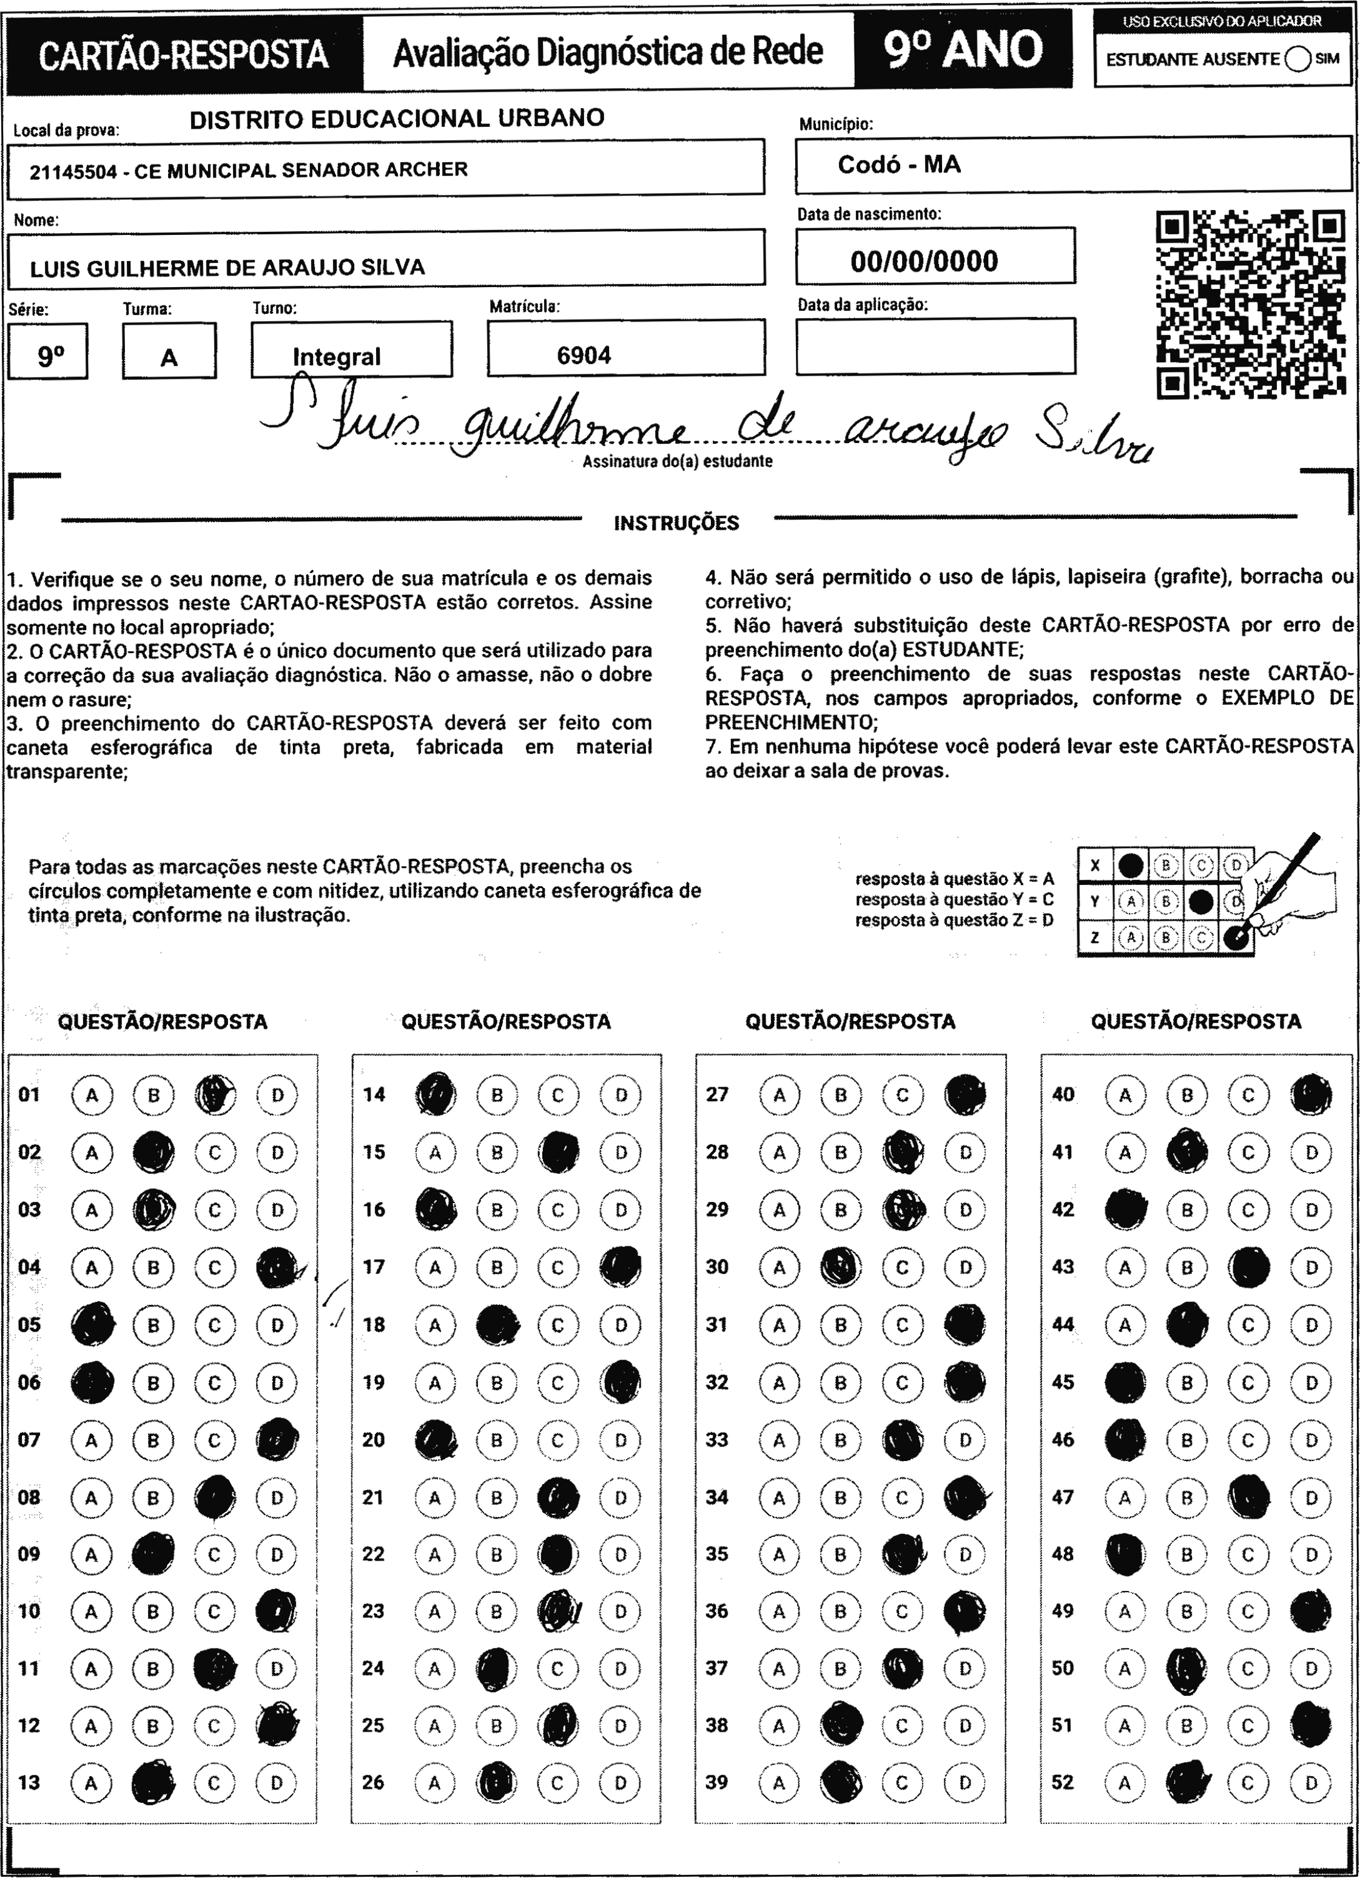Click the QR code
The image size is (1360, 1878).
pyautogui.click(x=1250, y=304)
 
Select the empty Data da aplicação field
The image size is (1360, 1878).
pyautogui.click(x=935, y=346)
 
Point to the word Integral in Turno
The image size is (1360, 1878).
pyautogui.click(x=336, y=357)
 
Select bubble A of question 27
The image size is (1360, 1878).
pyautogui.click(x=779, y=1094)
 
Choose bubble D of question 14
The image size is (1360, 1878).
pyautogui.click(x=620, y=1094)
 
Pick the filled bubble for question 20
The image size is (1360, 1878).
pyautogui.click(x=434, y=1439)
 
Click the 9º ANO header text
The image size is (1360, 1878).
pyautogui.click(x=963, y=50)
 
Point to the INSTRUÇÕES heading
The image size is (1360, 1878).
pyautogui.click(x=676, y=523)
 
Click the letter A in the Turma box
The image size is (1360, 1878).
pyautogui.click(x=169, y=358)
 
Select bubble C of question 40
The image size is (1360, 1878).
pyautogui.click(x=1248, y=1094)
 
